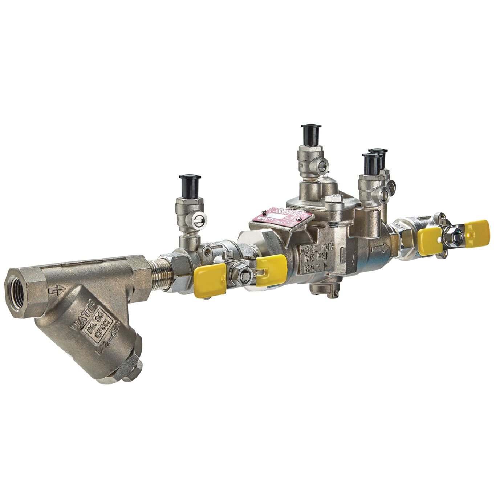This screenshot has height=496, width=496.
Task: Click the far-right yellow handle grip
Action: point(477,234)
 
